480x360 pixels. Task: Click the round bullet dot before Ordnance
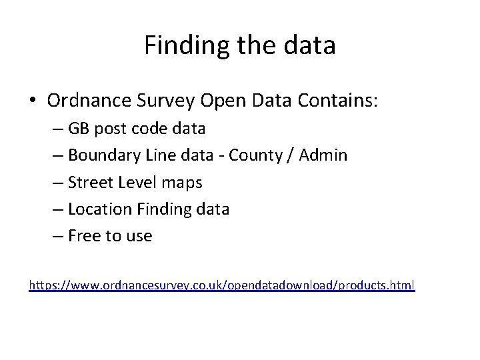(x=33, y=101)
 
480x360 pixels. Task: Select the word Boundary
(x=100, y=155)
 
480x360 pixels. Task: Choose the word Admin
(x=323, y=155)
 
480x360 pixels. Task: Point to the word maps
(x=182, y=182)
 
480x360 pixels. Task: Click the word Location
(x=100, y=209)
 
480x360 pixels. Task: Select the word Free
(x=83, y=235)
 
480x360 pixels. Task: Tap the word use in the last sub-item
(x=138, y=235)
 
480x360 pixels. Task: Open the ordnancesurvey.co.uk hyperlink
(x=221, y=286)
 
